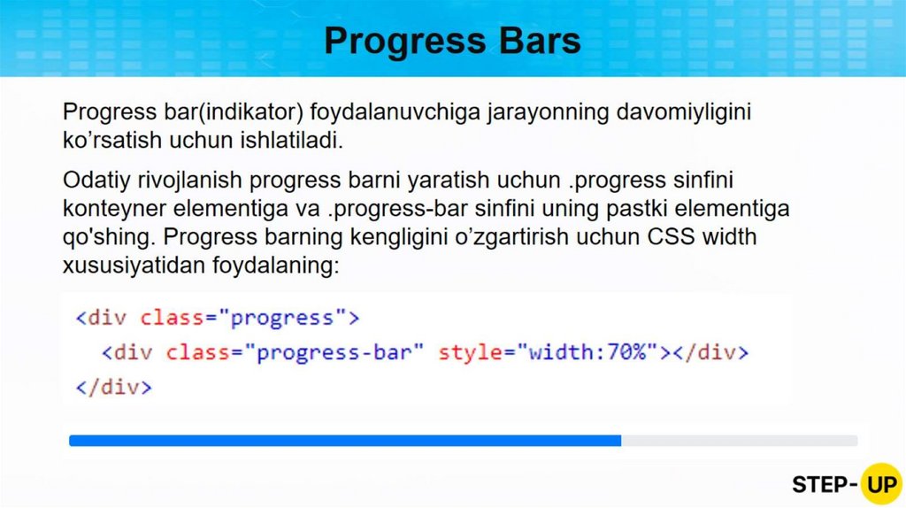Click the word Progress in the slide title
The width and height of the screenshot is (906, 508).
tap(405, 42)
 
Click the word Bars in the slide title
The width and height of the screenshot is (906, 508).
tap(540, 41)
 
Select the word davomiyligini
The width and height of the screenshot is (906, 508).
tap(684, 112)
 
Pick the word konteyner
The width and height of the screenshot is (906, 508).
tap(114, 209)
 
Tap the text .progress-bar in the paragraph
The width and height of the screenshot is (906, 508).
tap(397, 209)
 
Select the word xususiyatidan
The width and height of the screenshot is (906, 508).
tap(134, 266)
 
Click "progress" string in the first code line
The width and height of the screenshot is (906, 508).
tap(282, 318)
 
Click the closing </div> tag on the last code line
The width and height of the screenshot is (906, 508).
tap(114, 387)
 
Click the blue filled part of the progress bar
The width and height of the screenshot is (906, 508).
tap(345, 441)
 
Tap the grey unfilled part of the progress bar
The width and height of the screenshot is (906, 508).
tap(740, 441)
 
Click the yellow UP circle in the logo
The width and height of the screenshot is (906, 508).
tap(880, 484)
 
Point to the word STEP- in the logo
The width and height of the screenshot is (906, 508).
tap(825, 484)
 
